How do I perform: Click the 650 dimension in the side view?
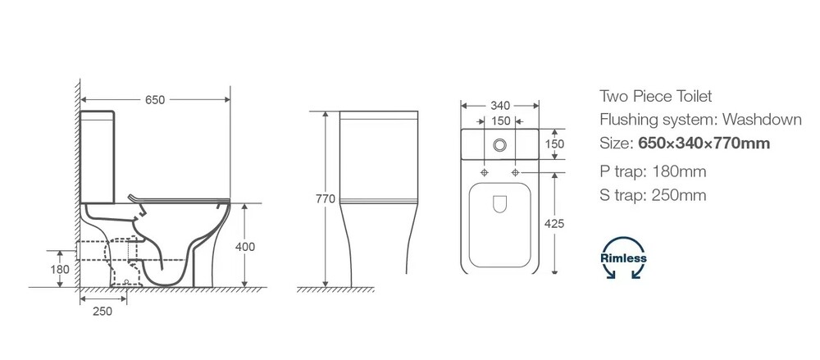click(x=155, y=100)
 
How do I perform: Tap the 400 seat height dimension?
click(x=244, y=246)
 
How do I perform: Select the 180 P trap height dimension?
click(x=60, y=270)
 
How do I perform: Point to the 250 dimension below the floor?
click(x=102, y=312)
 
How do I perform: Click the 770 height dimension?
click(x=326, y=199)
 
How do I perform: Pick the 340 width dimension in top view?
click(x=500, y=106)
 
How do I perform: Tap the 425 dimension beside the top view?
click(x=554, y=224)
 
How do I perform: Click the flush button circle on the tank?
click(x=500, y=145)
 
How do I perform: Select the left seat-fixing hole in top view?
click(x=485, y=172)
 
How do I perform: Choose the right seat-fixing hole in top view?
click(x=516, y=172)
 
